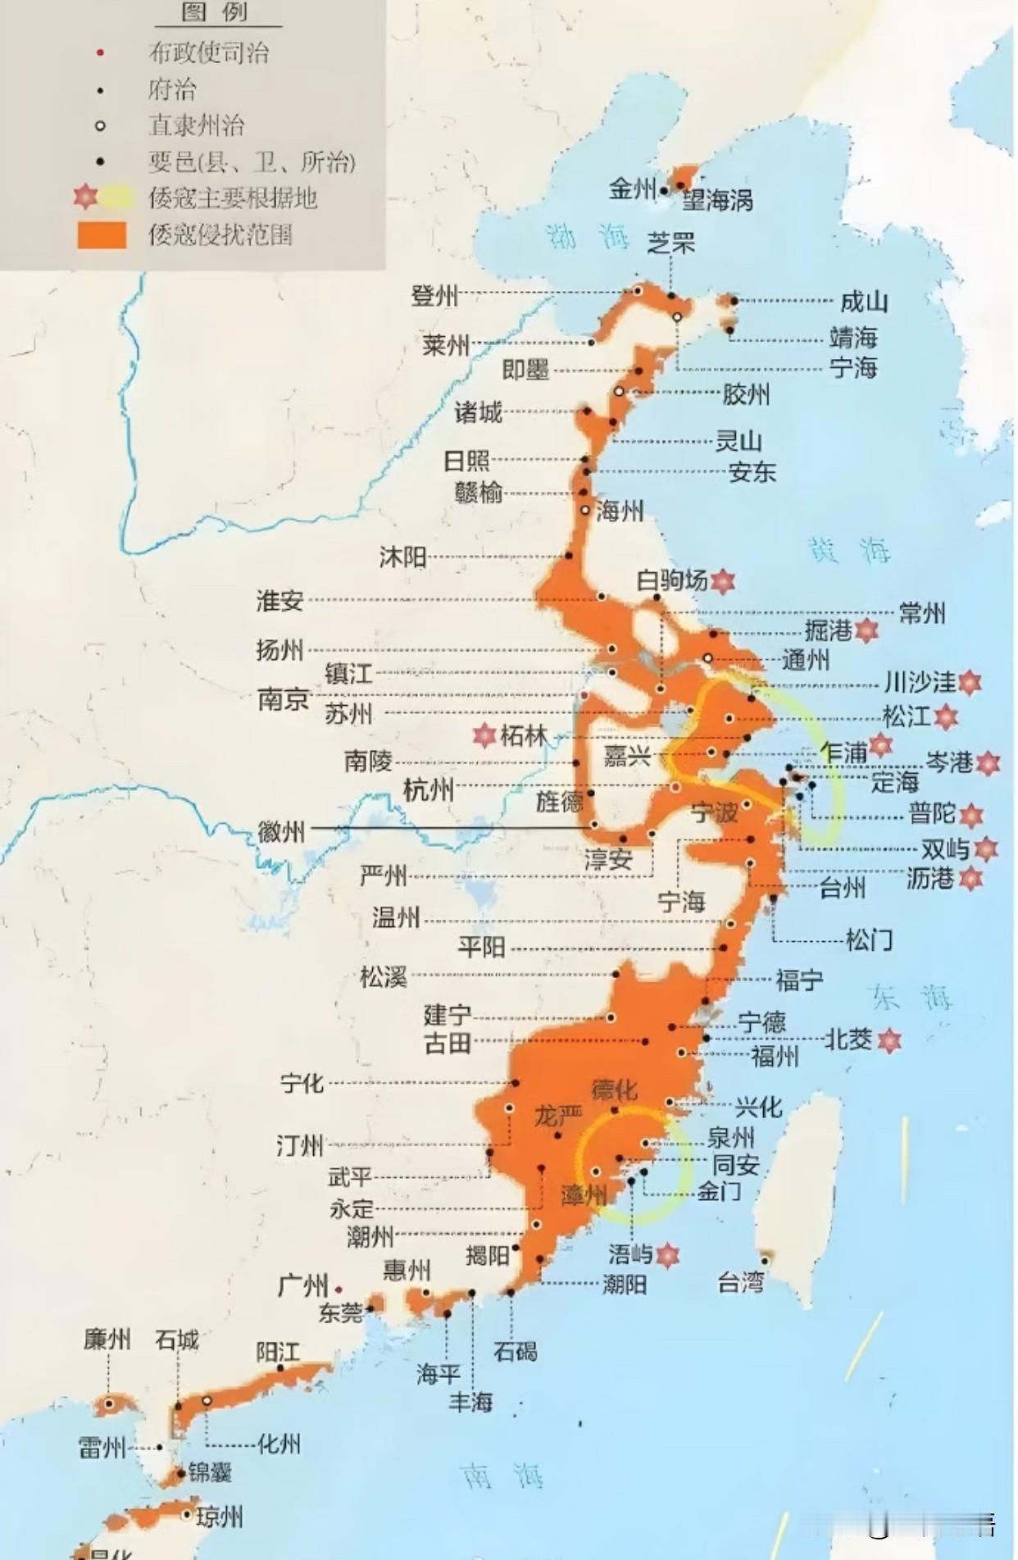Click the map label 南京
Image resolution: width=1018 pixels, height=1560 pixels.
pos(284,699)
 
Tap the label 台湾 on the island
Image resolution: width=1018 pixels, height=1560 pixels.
pos(740,1282)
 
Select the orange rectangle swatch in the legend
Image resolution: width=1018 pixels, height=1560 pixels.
pos(102,235)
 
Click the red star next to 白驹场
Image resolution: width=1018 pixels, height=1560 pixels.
pos(722,581)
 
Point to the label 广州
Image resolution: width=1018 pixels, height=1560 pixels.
pos(302,1285)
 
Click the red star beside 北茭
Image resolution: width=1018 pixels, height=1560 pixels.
pos(889,1041)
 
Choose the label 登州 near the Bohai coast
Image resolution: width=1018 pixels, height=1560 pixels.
pos(434,295)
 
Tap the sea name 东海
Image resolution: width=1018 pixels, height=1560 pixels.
pos(911,998)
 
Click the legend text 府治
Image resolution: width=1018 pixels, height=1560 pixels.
pos(172,89)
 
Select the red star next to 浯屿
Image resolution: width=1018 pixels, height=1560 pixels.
pos(668,1255)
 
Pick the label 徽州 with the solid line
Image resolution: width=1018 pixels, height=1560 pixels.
pos(281,832)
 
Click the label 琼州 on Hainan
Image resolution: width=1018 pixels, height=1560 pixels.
pos(219,1517)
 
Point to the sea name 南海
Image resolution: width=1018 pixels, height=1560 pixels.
pos(502,1476)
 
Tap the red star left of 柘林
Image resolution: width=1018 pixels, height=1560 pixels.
pos(484,735)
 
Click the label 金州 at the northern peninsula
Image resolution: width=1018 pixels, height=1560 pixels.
pos(632,189)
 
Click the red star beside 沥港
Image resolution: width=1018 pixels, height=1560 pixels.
pos(970,879)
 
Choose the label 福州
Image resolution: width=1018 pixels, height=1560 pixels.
pos(775,1056)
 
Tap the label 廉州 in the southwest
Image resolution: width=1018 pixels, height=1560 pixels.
pos(107,1339)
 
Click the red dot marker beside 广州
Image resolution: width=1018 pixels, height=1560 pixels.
pos(339,1289)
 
